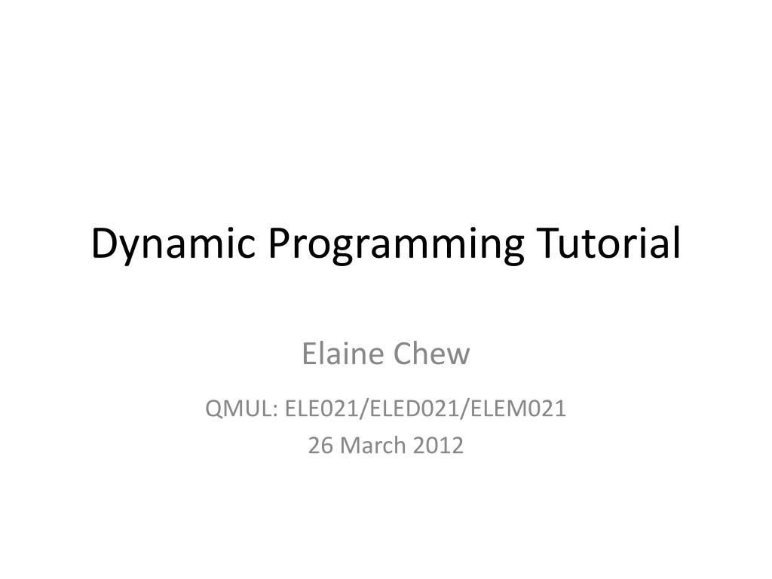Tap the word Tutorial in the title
pos(608,244)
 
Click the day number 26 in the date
pos(320,446)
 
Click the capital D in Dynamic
pos(103,244)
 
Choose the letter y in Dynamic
pos(125,249)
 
